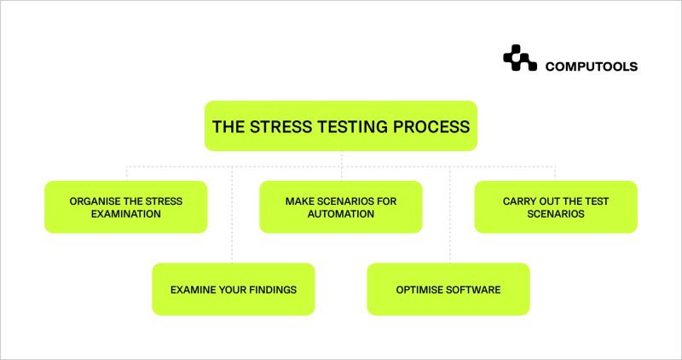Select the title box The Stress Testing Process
341,126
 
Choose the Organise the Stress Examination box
125,206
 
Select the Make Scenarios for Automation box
341,206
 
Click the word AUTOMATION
341,214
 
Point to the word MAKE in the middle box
300,200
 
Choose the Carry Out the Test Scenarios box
556,206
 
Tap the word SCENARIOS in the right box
556,214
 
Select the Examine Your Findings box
233,289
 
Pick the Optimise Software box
448,289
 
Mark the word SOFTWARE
474,289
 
